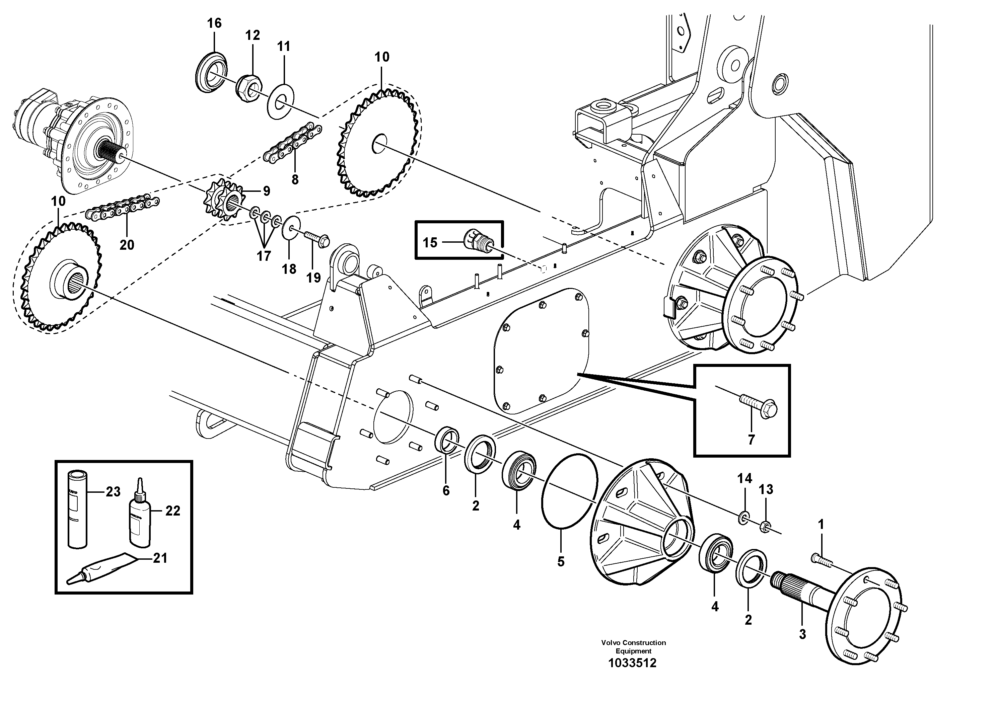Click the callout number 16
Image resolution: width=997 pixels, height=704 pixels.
[214, 23]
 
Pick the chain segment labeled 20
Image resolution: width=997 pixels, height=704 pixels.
[123, 208]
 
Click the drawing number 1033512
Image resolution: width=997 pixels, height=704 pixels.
[632, 663]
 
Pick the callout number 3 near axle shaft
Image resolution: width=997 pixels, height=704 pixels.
[802, 635]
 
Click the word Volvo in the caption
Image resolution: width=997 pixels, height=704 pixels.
[611, 643]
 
